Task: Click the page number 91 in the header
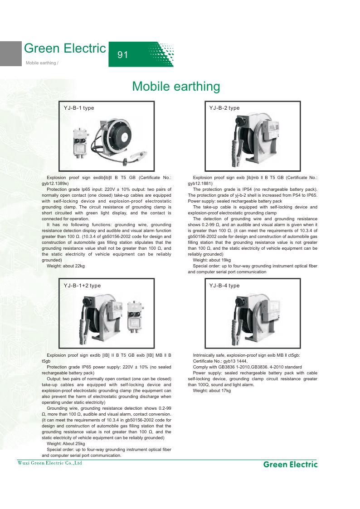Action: click(122, 55)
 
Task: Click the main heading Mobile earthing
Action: click(176, 86)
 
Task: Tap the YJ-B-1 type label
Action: click(79, 108)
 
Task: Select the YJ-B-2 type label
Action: click(224, 108)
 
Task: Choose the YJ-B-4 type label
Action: click(224, 286)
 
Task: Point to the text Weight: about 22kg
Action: click(66, 266)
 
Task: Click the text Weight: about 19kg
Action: click(212, 260)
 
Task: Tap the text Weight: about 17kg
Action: click(212, 390)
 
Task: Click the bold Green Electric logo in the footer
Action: click(290, 464)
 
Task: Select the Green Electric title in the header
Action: click(64, 48)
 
